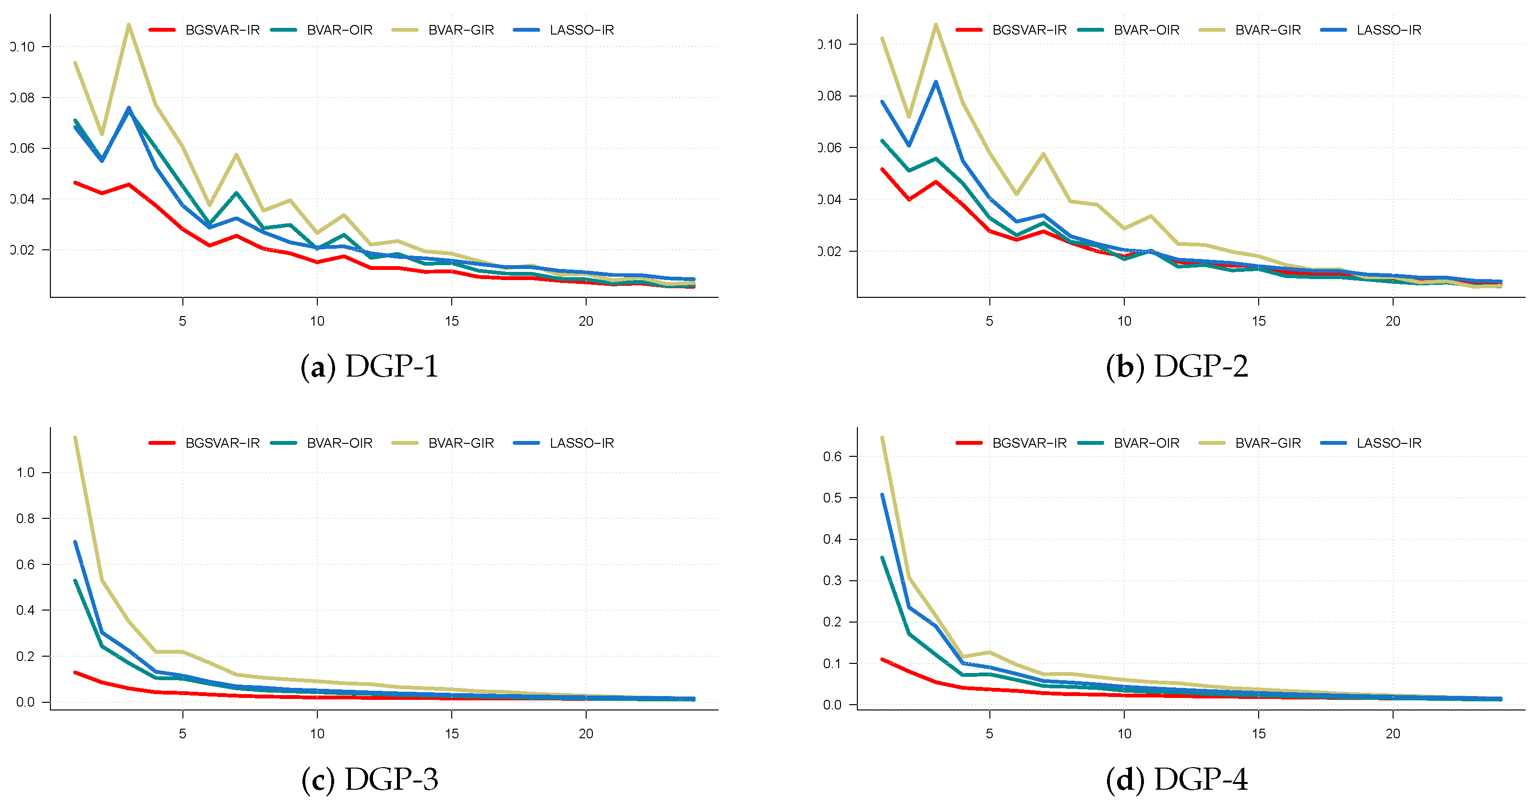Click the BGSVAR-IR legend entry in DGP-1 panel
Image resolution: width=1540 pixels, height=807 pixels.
pyautogui.click(x=222, y=30)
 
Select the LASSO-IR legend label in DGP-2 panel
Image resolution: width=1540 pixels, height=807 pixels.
pyautogui.click(x=1389, y=30)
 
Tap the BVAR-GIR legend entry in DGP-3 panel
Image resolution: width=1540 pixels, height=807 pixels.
pyautogui.click(x=461, y=443)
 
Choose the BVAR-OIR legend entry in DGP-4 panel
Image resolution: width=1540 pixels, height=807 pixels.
pyautogui.click(x=1146, y=443)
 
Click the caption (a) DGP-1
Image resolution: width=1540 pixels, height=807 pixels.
pyautogui.click(x=370, y=366)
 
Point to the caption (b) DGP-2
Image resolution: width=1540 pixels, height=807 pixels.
pyautogui.click(x=1177, y=366)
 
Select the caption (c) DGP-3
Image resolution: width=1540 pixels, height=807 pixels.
pyautogui.click(x=370, y=779)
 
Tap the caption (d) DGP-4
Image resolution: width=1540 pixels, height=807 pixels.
pyautogui.click(x=1177, y=779)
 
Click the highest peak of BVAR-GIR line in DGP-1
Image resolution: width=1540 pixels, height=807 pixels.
pyautogui.click(x=129, y=24)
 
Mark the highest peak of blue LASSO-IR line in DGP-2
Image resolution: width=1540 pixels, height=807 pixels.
pyautogui.click(x=936, y=82)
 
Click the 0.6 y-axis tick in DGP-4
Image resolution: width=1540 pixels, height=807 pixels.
pyautogui.click(x=832, y=456)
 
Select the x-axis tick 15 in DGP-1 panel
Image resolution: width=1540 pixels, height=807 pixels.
pyautogui.click(x=451, y=321)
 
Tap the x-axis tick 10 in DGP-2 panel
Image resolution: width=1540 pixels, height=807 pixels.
pyautogui.click(x=1124, y=321)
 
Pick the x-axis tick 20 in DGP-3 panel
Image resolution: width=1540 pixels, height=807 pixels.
pyautogui.click(x=586, y=734)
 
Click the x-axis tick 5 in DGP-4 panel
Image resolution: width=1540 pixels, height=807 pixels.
pyautogui.click(x=989, y=734)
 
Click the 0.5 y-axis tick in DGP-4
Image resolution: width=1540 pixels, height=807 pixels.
pyautogui.click(x=832, y=498)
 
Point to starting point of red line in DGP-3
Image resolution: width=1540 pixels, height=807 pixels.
pyautogui.click(x=75, y=672)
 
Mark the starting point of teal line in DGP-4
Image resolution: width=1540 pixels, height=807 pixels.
pyautogui.click(x=882, y=558)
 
